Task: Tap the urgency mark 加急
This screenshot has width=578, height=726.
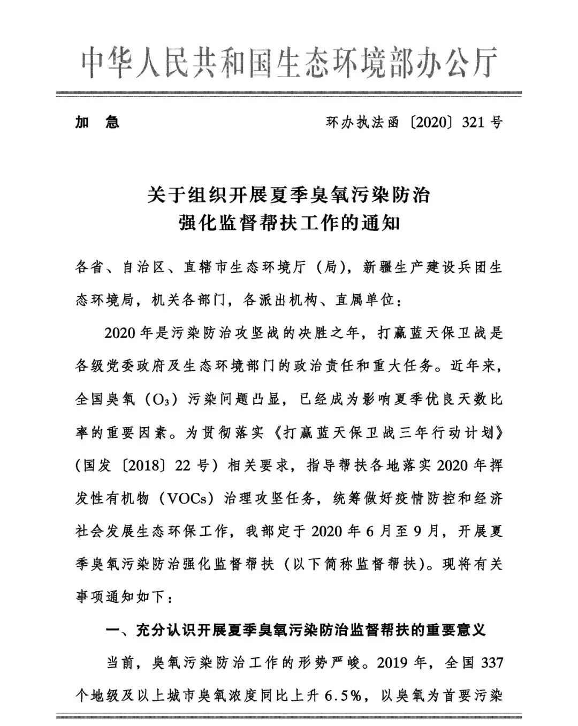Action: pyautogui.click(x=97, y=122)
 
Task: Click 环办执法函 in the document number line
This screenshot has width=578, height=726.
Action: pyautogui.click(x=362, y=122)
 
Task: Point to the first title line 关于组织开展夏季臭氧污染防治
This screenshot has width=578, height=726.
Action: pyautogui.click(x=289, y=195)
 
